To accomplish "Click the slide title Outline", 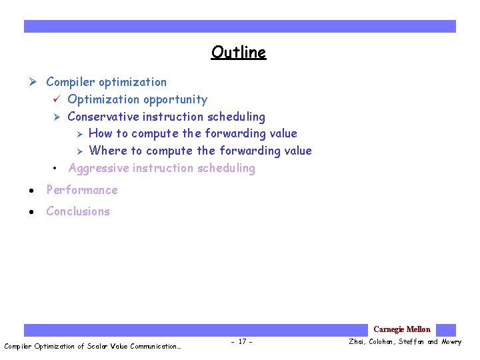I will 239,52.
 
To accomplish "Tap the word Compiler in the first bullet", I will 71,82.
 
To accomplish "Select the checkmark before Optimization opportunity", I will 57,99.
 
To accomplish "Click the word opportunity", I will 177,100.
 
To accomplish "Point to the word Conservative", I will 103,117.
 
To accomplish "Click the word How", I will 101,133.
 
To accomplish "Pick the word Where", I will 107,151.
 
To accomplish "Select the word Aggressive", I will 99,168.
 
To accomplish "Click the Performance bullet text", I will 81,190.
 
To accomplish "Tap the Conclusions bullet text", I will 77,211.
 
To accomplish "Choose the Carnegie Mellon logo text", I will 401,329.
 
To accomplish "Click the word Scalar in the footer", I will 102,346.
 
